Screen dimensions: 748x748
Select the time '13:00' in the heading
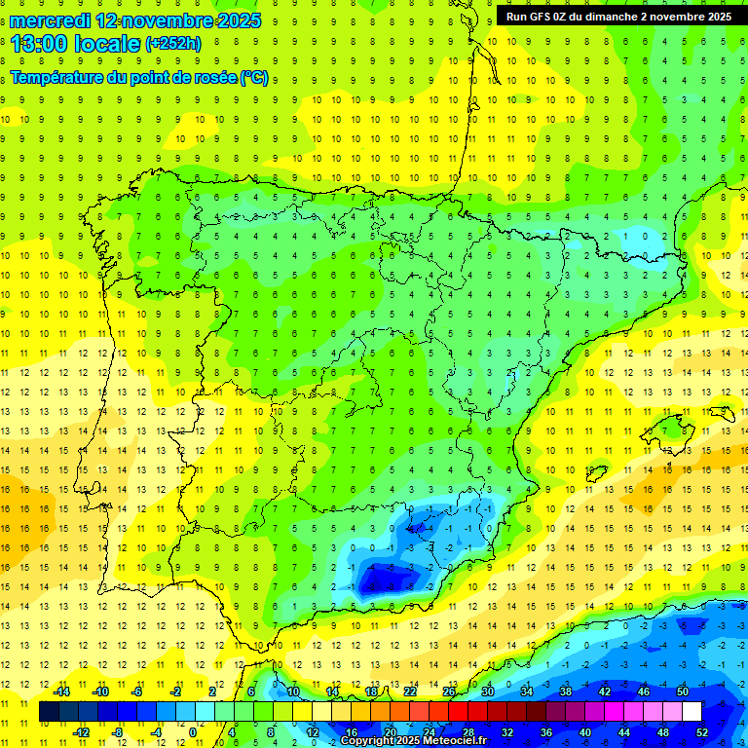tap(40, 44)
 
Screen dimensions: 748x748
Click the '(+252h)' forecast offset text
tap(172, 44)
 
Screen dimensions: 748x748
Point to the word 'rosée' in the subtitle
tap(206, 78)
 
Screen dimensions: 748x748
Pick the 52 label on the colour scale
tap(702, 732)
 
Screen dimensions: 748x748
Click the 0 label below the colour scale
tap(193, 732)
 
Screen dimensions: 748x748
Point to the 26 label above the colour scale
tap(449, 692)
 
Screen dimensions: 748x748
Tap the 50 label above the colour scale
tap(683, 692)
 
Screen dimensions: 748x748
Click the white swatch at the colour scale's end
tap(692, 712)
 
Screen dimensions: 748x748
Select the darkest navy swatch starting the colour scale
tap(50, 712)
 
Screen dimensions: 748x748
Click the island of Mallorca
tap(671, 429)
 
